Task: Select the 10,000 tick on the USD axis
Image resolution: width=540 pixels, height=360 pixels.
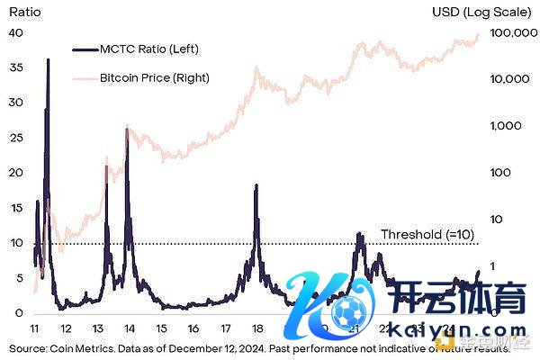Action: pyautogui.click(x=510, y=79)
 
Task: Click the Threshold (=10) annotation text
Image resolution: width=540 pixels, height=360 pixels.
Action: pyautogui.click(x=427, y=234)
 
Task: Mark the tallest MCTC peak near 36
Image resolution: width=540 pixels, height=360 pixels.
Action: pyautogui.click(x=48, y=59)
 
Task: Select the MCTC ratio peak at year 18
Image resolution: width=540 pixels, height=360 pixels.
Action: pyautogui.click(x=256, y=185)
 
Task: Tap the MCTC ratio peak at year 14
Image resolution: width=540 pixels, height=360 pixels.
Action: pyautogui.click(x=127, y=130)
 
